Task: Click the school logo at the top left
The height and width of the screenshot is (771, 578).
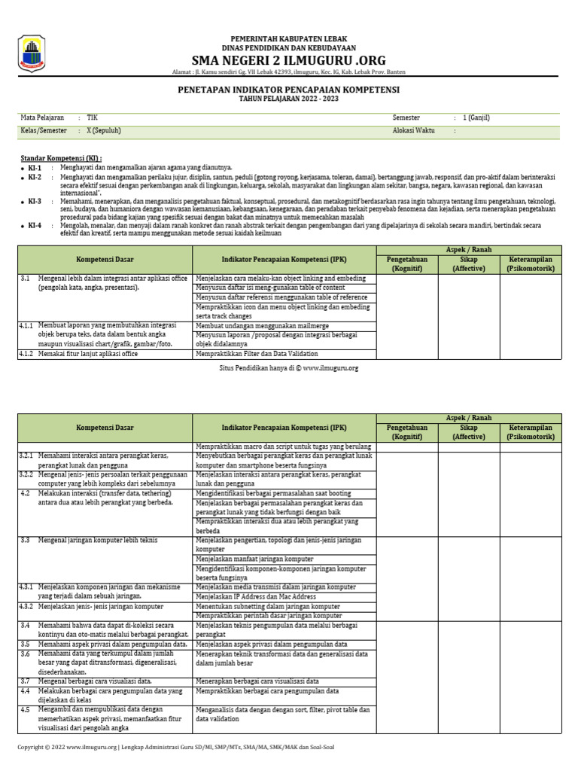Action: coord(32,54)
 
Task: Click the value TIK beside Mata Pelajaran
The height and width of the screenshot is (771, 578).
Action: coord(92,118)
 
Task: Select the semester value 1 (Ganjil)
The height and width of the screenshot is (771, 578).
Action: coord(476,118)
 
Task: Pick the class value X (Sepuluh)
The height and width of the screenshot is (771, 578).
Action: coord(103,130)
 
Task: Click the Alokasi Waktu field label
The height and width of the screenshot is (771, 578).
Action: coord(414,130)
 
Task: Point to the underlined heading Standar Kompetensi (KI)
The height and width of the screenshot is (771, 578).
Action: coord(61,158)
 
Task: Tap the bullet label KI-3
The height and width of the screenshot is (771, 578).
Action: coord(35,202)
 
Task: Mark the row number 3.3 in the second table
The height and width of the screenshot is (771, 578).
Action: coord(25,540)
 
